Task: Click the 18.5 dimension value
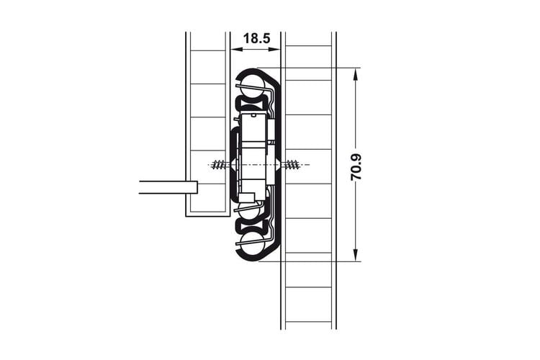256,38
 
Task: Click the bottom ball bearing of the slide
252,243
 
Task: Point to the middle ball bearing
248,211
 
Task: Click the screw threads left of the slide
220,165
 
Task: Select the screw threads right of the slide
292,165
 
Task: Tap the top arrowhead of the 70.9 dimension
356,73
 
